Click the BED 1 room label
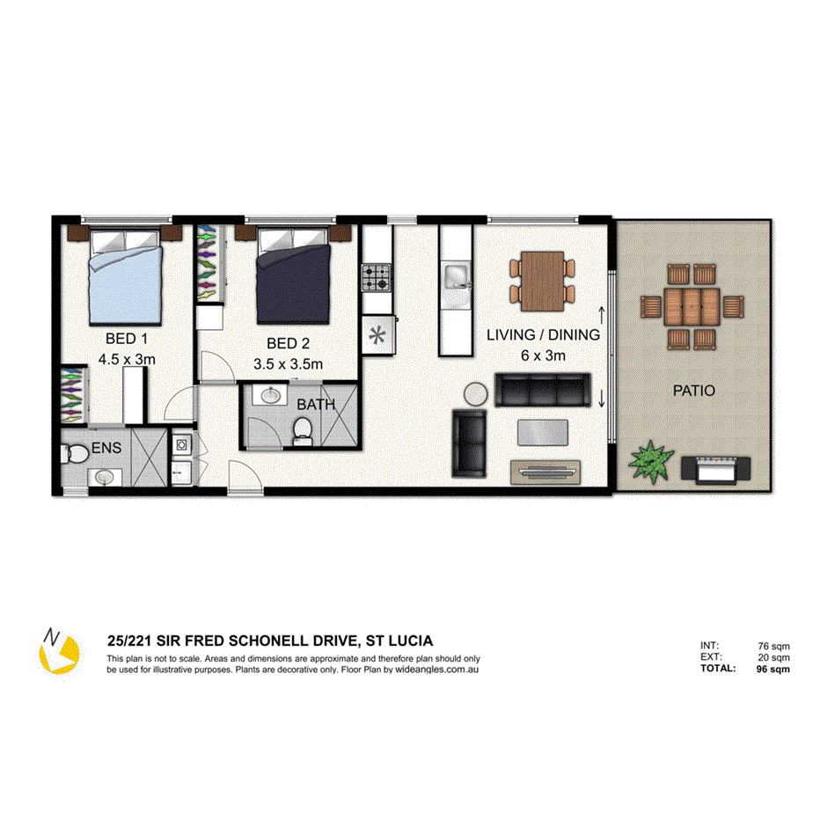click(120, 338)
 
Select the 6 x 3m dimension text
click(543, 355)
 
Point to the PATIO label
click(695, 390)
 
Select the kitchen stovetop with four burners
click(377, 280)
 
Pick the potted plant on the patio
click(650, 460)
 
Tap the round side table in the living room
click(475, 394)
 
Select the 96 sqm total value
click(772, 669)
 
